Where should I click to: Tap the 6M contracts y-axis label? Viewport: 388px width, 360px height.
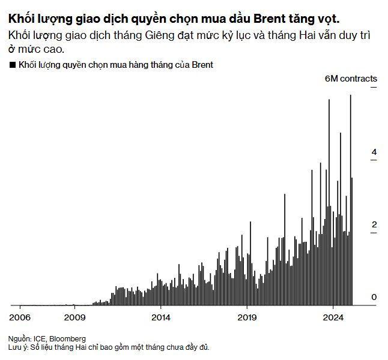pos(351,79)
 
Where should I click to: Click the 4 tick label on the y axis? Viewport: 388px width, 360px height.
pos(374,152)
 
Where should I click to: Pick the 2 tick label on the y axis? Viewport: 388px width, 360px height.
pos(374,224)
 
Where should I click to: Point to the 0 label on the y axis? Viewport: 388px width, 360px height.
pos(374,297)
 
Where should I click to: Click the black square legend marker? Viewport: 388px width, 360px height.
pos(13,64)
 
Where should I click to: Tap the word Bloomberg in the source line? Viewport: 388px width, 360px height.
pos(66,338)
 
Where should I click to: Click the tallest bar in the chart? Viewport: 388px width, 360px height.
pos(351,198)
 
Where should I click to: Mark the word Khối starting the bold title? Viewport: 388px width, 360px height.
pos(20,17)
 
